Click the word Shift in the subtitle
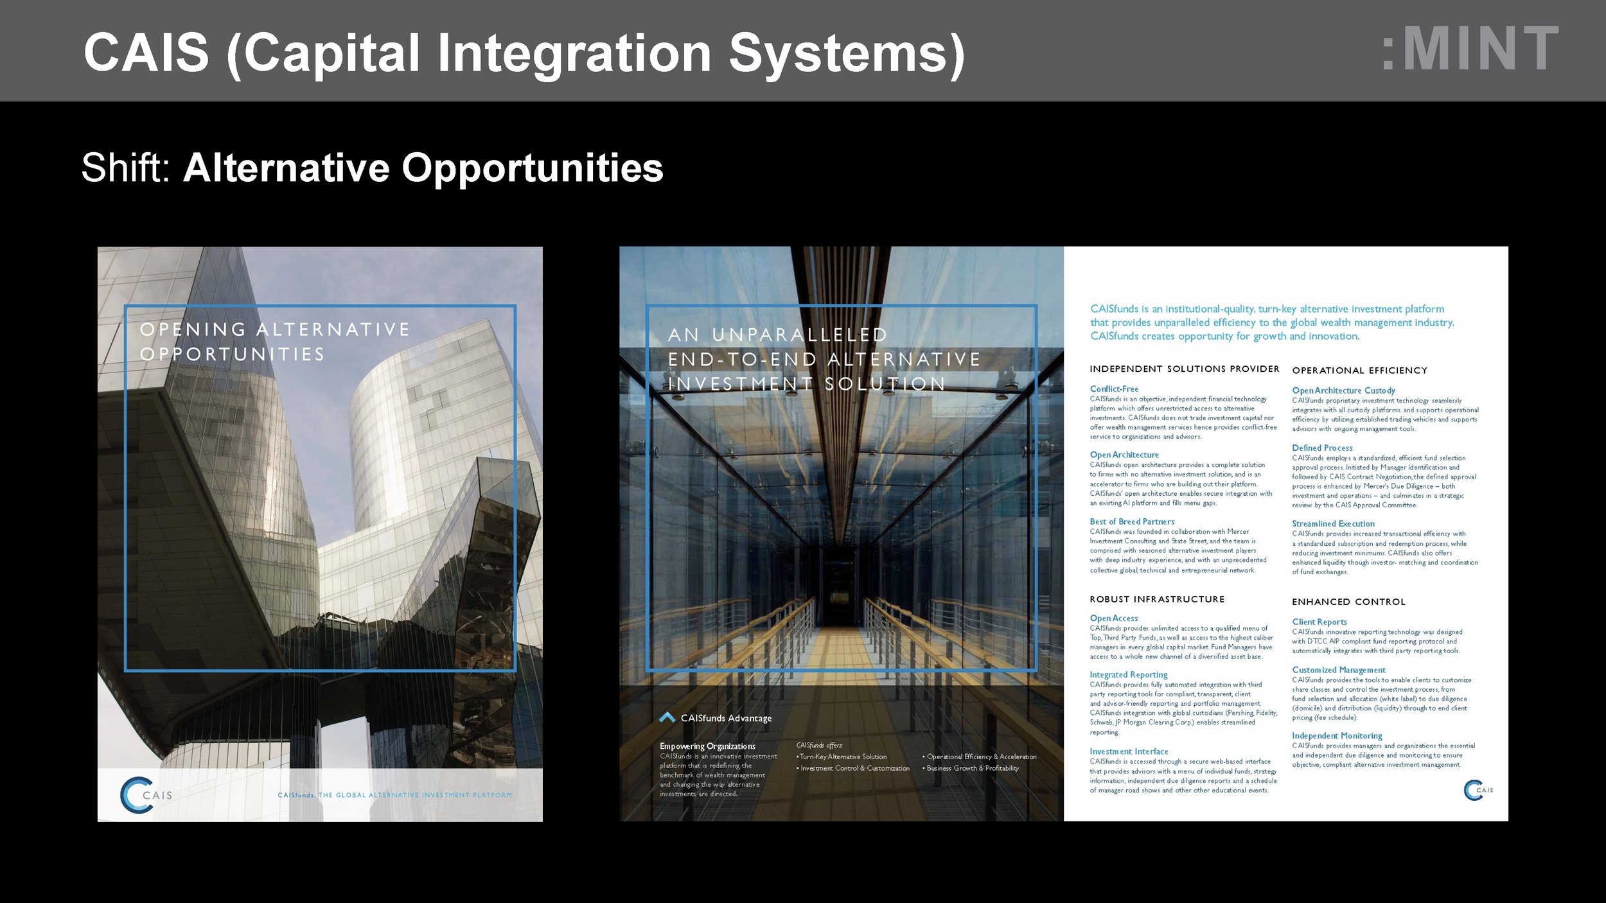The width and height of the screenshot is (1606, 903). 125,168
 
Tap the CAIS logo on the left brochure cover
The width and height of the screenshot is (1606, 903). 146,794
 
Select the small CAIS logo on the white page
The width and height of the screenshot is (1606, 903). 1478,790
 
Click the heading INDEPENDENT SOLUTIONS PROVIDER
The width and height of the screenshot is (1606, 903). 1184,369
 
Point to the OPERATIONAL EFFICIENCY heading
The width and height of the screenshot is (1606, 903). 1359,371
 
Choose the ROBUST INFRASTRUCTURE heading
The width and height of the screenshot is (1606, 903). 1156,599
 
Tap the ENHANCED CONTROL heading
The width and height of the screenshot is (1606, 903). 1348,602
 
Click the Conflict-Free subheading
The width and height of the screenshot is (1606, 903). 1114,389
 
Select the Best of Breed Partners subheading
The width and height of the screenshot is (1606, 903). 1132,522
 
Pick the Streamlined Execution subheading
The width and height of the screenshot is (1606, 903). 1333,523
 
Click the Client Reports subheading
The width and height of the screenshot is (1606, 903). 1319,622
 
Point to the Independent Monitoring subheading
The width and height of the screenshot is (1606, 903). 1337,735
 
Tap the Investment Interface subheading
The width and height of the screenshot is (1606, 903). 1129,751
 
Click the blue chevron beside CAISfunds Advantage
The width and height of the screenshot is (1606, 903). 667,717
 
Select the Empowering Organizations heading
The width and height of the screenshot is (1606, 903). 707,746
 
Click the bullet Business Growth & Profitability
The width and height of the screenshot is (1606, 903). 972,768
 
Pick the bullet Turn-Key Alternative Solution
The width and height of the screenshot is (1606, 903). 843,757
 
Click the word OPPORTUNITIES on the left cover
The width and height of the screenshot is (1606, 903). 232,355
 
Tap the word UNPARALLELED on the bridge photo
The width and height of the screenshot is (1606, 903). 799,335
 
